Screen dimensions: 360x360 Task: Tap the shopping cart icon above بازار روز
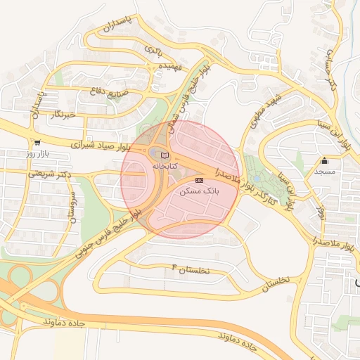click(x=36, y=141)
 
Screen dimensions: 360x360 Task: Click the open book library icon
click(x=165, y=155)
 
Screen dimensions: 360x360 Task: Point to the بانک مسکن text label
click(x=200, y=191)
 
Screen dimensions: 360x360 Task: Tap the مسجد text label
click(x=324, y=172)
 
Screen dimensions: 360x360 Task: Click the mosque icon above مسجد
click(x=324, y=160)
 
